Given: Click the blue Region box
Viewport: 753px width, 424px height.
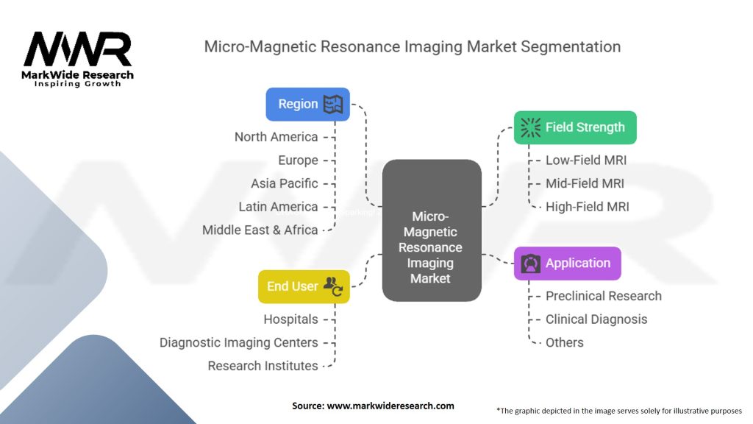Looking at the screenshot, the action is click(308, 105).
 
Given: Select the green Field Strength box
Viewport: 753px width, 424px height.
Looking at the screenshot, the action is click(575, 127).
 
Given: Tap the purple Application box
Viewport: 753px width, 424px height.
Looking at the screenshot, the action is click(568, 264).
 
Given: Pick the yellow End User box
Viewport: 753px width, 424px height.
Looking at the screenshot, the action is click(304, 286).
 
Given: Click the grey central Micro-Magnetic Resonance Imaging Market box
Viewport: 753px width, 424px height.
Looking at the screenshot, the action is click(432, 230).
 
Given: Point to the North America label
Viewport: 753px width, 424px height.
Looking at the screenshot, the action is click(276, 137).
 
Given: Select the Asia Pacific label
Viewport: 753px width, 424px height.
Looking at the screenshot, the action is click(285, 183).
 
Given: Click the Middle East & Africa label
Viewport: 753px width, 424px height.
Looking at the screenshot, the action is click(260, 230).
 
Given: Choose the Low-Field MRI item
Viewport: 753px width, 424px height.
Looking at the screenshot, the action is click(586, 160).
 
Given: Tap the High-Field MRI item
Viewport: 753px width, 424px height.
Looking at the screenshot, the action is click(588, 207).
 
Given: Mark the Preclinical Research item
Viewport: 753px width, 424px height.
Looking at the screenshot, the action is click(604, 296).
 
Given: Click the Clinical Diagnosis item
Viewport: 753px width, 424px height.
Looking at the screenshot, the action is click(596, 319).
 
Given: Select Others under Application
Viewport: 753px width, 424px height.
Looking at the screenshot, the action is click(564, 343).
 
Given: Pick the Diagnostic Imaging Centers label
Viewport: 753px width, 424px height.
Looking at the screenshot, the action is click(239, 343).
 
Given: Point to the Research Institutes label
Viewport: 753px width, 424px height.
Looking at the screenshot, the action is click(263, 366).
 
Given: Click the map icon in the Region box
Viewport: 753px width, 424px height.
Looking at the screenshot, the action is click(333, 105).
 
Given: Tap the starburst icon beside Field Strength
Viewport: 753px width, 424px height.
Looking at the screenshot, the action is click(530, 127).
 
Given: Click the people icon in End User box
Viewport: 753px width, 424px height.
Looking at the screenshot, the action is click(333, 286).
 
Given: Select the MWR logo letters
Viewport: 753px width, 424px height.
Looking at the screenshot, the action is click(77, 49).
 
